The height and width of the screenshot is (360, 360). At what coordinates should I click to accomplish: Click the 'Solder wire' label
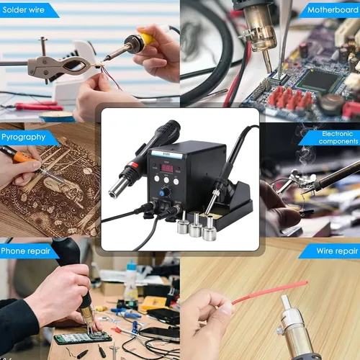(24, 10)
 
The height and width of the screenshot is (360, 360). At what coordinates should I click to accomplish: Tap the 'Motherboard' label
(333, 10)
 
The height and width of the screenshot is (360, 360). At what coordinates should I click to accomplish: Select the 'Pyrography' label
(23, 137)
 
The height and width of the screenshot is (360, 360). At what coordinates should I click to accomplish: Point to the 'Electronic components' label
(338, 138)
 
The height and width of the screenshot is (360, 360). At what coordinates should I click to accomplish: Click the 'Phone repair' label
(25, 251)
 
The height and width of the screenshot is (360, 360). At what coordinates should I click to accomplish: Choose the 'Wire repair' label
(337, 251)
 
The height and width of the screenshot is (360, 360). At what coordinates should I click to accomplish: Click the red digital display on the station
(167, 168)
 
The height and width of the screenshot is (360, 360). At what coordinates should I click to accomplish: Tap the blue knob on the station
(162, 193)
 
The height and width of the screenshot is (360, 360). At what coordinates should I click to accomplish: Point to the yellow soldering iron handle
(146, 37)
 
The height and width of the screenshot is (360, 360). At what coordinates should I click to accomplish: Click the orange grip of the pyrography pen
(23, 157)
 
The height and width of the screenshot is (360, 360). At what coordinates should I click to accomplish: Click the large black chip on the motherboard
(318, 81)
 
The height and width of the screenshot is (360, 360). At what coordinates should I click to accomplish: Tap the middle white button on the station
(166, 180)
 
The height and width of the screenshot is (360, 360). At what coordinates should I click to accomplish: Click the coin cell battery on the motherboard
(332, 102)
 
